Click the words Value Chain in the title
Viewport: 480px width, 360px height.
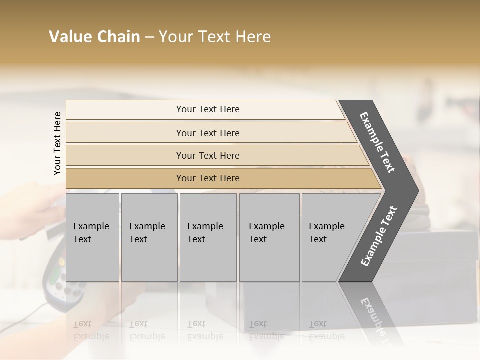[x=94, y=37]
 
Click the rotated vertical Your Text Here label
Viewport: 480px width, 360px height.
[x=57, y=143]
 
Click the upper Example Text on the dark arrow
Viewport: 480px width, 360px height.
[x=377, y=142]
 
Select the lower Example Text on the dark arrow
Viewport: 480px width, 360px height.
[x=378, y=236]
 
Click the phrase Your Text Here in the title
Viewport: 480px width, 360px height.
[x=215, y=37]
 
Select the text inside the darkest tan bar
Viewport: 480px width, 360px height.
[x=208, y=178]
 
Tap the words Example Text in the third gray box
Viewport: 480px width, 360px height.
[x=205, y=232]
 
